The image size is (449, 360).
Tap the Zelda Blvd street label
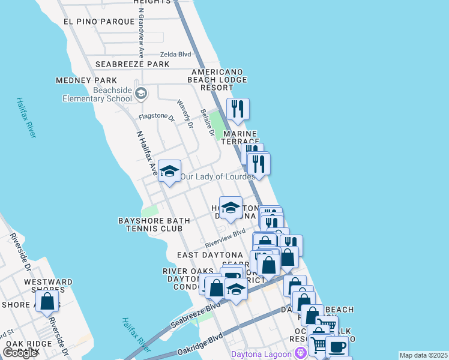175,55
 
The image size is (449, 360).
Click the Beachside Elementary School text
104,94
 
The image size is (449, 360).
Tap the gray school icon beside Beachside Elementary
141,93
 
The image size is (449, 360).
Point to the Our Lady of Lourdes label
218,177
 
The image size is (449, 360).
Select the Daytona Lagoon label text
267,353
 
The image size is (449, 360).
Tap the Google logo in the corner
20,353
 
